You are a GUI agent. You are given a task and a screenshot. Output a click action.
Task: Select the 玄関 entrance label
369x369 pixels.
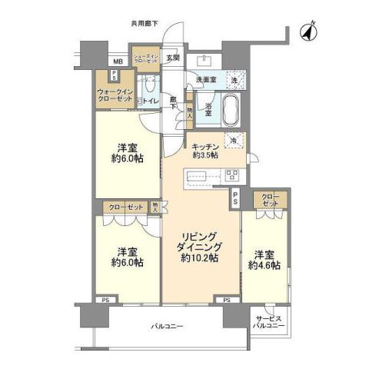tap(173, 58)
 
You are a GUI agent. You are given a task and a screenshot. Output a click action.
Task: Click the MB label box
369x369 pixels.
tap(118, 61)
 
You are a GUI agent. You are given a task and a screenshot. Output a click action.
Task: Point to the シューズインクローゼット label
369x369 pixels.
tap(145, 59)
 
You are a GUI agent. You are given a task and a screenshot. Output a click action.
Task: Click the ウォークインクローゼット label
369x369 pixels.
tap(114, 97)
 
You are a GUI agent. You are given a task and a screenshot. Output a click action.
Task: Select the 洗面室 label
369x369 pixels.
tap(206, 79)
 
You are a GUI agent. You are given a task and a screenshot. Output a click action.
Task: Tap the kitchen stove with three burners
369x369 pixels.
tap(231, 175)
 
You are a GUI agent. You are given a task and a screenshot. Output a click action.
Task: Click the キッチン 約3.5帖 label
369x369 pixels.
tap(205, 150)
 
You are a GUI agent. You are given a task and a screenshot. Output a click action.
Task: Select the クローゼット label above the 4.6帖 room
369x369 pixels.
tap(269, 201)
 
